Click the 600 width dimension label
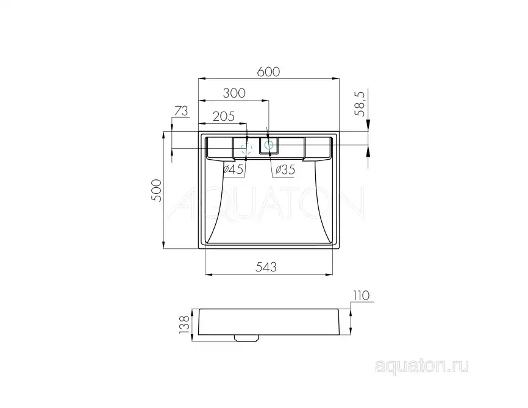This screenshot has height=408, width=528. click(268, 71)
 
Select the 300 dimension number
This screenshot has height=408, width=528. click(234, 93)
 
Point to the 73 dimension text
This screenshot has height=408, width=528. click(181, 110)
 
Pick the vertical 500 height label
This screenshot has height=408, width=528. click(156, 191)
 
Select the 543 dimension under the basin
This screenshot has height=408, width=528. click(266, 267)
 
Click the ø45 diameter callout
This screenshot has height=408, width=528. click(234, 170)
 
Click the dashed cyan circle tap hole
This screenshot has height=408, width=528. click(246, 148)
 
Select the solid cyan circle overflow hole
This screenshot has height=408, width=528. click(268, 145)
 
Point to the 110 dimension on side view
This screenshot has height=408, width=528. click(361, 296)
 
